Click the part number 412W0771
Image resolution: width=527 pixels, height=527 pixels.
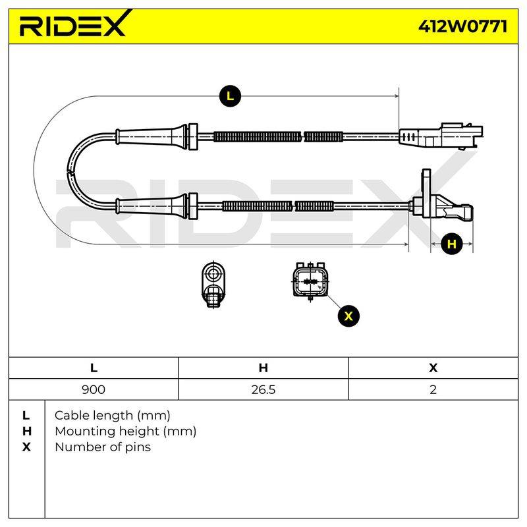coord(462,26)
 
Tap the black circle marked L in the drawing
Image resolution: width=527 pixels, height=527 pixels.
coord(230,96)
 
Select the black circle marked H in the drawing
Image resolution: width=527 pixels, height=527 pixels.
coord(452,244)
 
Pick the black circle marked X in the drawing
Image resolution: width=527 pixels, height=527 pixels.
coord(348,316)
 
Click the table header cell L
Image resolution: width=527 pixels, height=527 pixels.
coord(94,368)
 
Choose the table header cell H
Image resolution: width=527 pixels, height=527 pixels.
coord(263,368)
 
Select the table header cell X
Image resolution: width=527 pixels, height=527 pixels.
coord(433,368)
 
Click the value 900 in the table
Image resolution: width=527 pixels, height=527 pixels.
coord(94,389)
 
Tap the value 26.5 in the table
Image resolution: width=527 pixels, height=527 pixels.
coord(263,389)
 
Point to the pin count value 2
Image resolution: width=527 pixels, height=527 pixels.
coord(433,389)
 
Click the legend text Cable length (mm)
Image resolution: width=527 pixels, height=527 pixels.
coord(112,416)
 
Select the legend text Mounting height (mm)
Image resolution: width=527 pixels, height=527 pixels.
coord(125,431)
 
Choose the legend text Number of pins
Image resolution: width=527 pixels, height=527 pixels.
coord(103,447)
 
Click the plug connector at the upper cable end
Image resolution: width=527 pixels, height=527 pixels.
coord(441,136)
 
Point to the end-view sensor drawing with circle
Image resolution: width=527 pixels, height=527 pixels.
coord(213,284)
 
